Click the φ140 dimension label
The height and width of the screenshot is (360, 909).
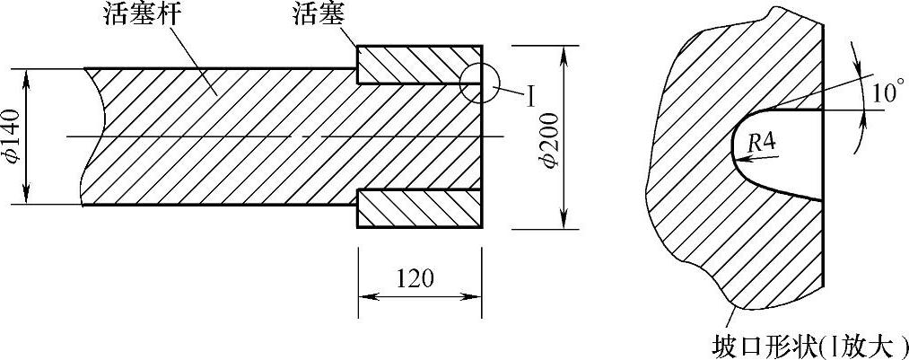tap(13, 136)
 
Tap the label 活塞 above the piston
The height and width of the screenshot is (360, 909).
tap(317, 16)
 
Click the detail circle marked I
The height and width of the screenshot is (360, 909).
tap(478, 83)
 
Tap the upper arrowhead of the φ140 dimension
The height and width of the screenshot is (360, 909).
tap(27, 75)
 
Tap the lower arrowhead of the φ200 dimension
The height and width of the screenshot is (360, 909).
tap(564, 221)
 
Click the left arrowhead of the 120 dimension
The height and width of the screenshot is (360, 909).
tap(365, 296)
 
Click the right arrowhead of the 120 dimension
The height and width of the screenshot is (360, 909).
tap(476, 296)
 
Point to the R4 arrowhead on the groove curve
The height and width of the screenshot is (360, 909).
tap(738, 157)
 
